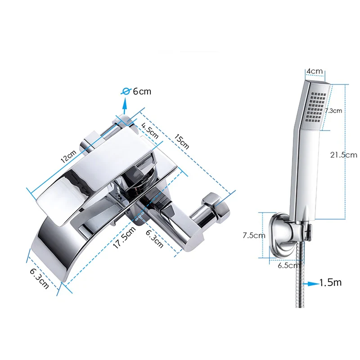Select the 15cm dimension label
pos(181,142)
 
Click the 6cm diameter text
pos(142,91)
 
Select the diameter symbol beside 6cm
pos(127,91)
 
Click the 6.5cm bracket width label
pos(287,265)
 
